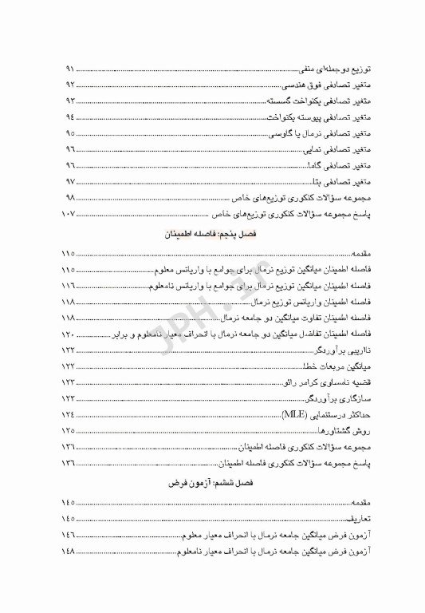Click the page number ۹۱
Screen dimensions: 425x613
[x=69, y=69]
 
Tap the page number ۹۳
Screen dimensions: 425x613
[x=69, y=101]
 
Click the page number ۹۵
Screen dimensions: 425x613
[x=69, y=133]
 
